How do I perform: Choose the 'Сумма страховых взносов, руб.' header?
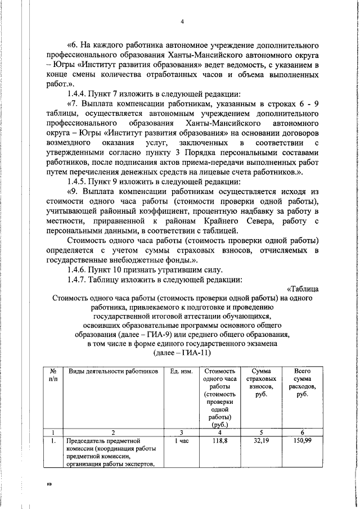[259, 383]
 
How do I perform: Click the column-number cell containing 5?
[259, 432]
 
